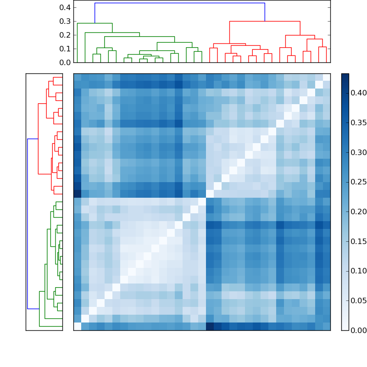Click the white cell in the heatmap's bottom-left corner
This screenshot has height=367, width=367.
point(77,326)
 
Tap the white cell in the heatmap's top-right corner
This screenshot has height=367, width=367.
point(326,77)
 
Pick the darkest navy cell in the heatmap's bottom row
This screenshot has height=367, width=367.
point(210,326)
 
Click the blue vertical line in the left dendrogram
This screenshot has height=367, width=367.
point(28,223)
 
